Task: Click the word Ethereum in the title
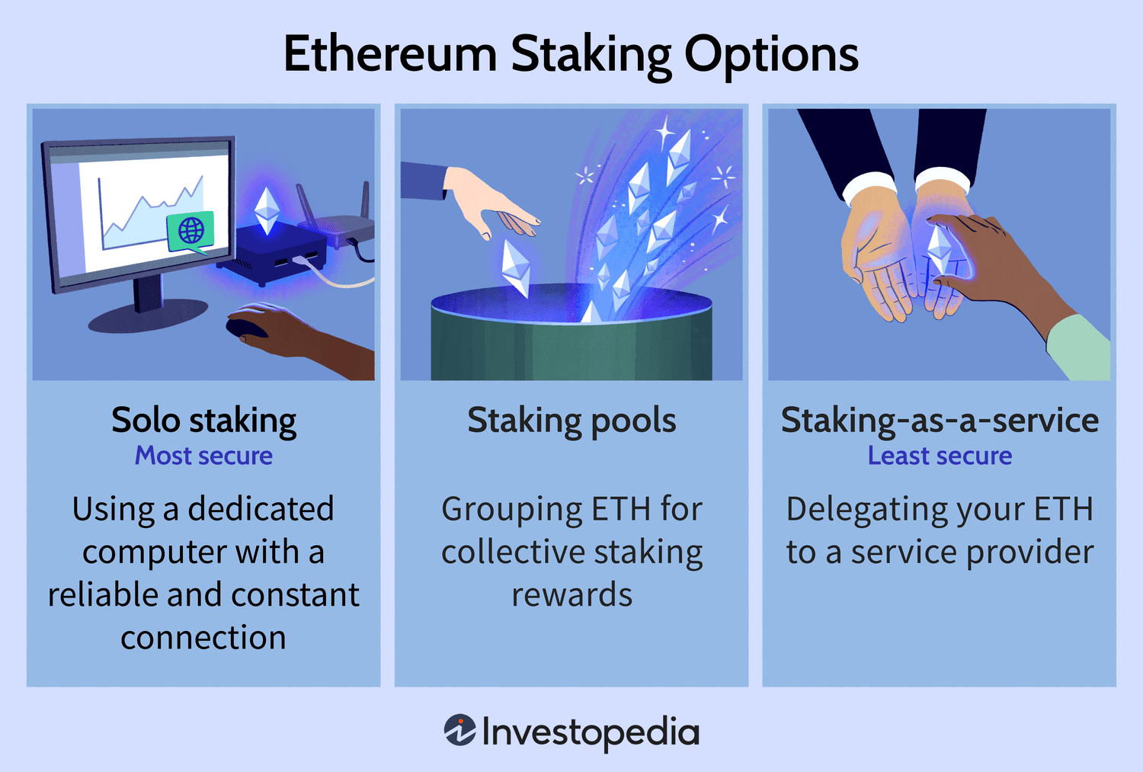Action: pos(389,55)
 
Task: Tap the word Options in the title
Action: pos(771,55)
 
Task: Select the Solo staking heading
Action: pos(203,420)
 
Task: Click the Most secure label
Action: pos(203,456)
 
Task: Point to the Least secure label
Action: pos(940,456)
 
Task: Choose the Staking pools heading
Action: pos(571,420)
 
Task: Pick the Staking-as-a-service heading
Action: pos(940,420)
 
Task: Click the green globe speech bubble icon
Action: pos(190,230)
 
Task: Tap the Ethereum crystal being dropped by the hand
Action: pos(516,267)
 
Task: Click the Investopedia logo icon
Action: pos(460,730)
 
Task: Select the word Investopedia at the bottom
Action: pos(591,732)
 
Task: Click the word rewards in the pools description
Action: pos(571,594)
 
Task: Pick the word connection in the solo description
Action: pos(203,637)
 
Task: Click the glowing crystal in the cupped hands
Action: pos(940,250)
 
